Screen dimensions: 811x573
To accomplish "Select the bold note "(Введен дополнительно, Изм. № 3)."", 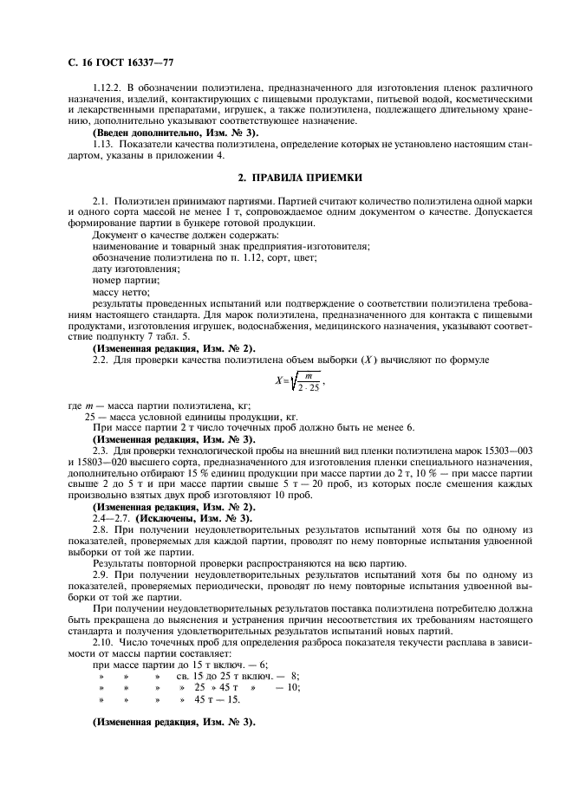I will tap(174, 133).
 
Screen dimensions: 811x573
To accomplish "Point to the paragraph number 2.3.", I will tap(101, 450).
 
